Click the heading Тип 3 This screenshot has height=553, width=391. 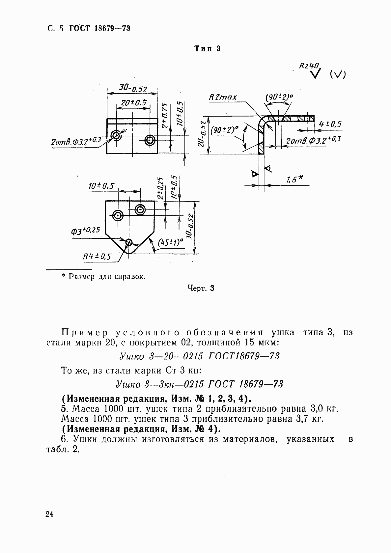(x=207, y=49)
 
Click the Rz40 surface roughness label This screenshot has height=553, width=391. (x=309, y=66)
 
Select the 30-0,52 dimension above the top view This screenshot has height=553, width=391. (x=133, y=89)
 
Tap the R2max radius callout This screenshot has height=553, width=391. (x=223, y=97)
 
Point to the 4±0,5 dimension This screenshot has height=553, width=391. (x=330, y=124)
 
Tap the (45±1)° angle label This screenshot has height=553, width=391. (x=170, y=243)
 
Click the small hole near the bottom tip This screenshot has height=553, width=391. (x=129, y=243)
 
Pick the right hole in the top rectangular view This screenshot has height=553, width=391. (x=150, y=140)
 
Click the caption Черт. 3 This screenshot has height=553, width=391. (x=201, y=288)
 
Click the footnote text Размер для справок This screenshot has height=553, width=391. (x=106, y=276)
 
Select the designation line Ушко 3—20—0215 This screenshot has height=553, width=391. (x=199, y=356)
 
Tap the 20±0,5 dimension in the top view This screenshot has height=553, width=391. (x=133, y=103)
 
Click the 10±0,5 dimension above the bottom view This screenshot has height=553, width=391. (x=101, y=186)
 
